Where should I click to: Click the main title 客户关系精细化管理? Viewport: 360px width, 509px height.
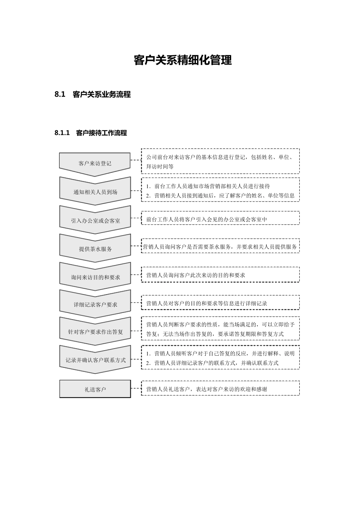click(x=183, y=60)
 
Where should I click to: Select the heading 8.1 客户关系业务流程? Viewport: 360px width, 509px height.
click(x=92, y=95)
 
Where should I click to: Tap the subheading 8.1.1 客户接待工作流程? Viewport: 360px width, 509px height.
click(x=91, y=133)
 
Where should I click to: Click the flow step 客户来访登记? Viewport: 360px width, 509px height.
click(x=95, y=164)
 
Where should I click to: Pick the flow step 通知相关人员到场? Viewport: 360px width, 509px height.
click(x=95, y=192)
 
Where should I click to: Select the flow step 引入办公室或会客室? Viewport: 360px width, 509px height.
click(x=95, y=220)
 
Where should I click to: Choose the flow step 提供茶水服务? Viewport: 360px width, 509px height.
click(x=95, y=249)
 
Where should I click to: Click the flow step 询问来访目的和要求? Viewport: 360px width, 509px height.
click(x=95, y=277)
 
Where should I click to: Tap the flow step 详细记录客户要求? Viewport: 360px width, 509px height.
click(x=95, y=304)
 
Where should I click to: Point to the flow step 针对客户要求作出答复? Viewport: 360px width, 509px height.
click(x=95, y=332)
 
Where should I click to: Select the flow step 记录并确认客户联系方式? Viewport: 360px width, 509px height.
click(x=95, y=360)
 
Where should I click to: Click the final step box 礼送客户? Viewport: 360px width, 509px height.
click(x=95, y=389)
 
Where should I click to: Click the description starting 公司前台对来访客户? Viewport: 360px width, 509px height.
click(x=220, y=161)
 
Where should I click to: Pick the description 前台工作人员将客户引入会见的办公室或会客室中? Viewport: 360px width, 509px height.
click(x=207, y=219)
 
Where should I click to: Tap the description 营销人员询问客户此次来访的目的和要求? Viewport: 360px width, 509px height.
click(x=196, y=275)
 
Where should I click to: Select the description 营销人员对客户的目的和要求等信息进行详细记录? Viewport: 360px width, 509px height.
click(x=207, y=303)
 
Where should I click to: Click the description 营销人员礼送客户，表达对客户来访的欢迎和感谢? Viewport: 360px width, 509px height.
click(x=207, y=389)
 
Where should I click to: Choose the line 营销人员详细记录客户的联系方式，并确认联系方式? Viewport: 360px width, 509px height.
click(x=216, y=363)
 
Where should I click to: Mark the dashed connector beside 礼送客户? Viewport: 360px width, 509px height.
click(x=136, y=388)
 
